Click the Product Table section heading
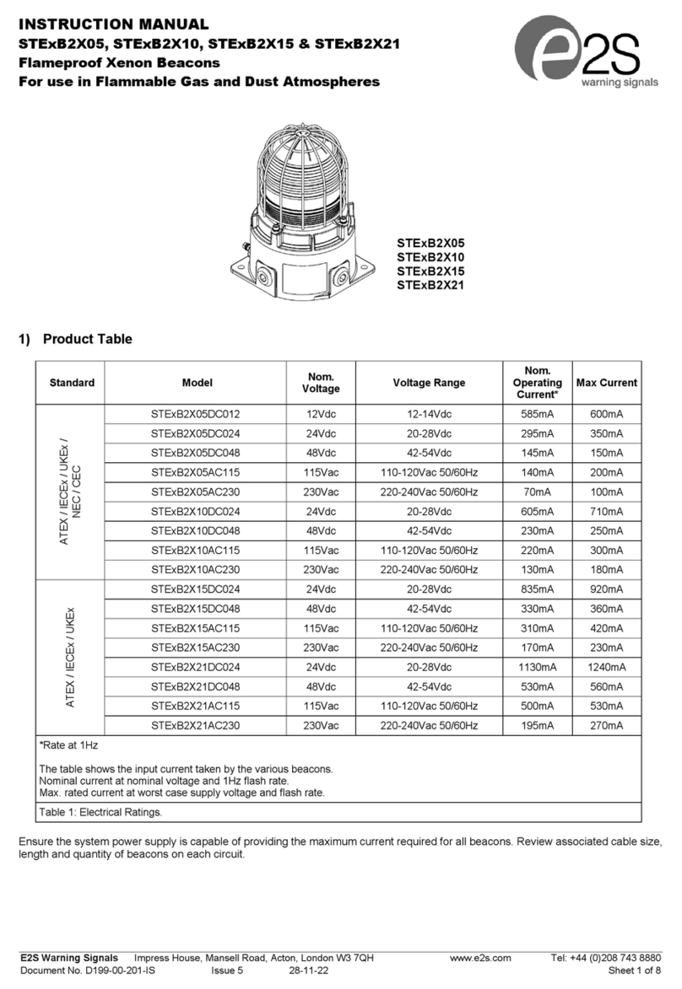(87, 340)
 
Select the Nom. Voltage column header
(321, 383)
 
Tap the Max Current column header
(606, 383)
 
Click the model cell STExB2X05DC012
(196, 414)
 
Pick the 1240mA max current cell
(606, 667)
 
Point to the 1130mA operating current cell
(537, 667)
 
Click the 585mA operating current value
(537, 414)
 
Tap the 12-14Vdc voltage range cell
(429, 414)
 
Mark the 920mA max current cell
(606, 589)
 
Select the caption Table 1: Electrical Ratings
(100, 813)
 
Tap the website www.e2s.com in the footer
(481, 958)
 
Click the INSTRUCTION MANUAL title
(112, 24)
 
